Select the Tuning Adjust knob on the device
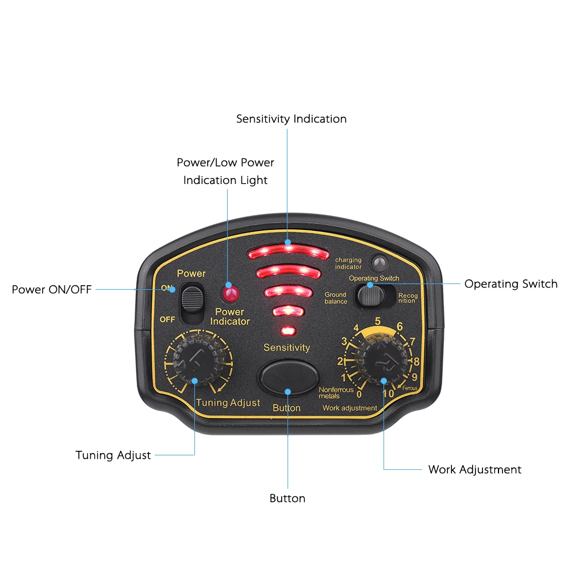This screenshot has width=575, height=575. pyautogui.click(x=195, y=361)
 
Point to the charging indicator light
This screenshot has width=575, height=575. pyautogui.click(x=378, y=263)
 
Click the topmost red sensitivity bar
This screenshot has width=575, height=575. pyautogui.click(x=288, y=251)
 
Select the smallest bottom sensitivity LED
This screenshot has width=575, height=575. pyautogui.click(x=288, y=331)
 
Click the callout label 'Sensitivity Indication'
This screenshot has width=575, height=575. pyautogui.click(x=291, y=119)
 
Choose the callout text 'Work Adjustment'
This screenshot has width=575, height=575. pyautogui.click(x=474, y=469)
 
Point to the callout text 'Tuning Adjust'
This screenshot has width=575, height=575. pyautogui.click(x=113, y=455)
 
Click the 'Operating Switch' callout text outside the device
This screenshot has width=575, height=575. pyautogui.click(x=511, y=283)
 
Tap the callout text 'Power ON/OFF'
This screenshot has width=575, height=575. pyautogui.click(x=52, y=289)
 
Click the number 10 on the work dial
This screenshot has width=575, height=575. pyautogui.click(x=388, y=394)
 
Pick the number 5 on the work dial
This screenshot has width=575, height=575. pyautogui.click(x=378, y=321)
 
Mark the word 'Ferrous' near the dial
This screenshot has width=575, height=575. pyautogui.click(x=409, y=389)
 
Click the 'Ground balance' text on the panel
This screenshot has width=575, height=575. pyautogui.click(x=336, y=298)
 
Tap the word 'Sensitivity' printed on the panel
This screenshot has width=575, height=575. pyautogui.click(x=286, y=347)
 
